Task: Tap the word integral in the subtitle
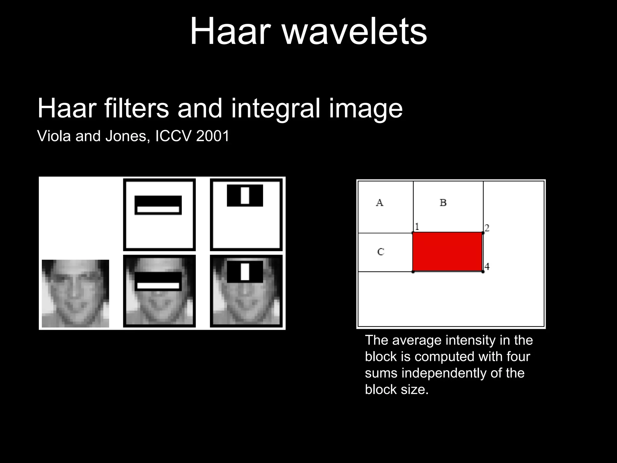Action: (x=275, y=109)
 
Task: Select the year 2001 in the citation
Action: (x=213, y=136)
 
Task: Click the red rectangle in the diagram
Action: (x=447, y=252)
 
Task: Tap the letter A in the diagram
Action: (x=380, y=203)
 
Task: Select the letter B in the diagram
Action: (x=443, y=203)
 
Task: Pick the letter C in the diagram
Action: (x=381, y=252)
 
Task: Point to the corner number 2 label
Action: (x=487, y=228)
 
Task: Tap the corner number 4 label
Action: (x=487, y=266)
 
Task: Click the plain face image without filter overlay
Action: (x=75, y=293)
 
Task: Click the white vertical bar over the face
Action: (x=245, y=272)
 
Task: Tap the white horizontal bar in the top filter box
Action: (x=158, y=209)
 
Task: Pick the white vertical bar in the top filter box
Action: (x=245, y=195)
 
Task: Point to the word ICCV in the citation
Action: (x=173, y=136)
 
